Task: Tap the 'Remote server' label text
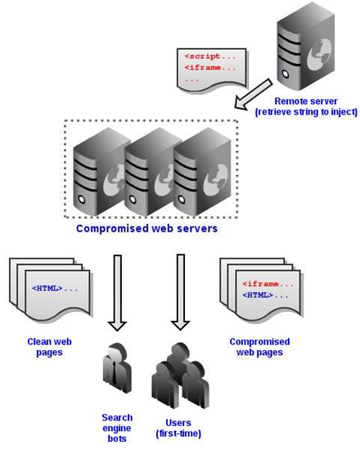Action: pyautogui.click(x=306, y=101)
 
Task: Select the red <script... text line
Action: pyautogui.click(x=210, y=56)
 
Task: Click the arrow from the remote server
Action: pyautogui.click(x=253, y=94)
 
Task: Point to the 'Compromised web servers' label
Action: pyautogui.click(x=146, y=228)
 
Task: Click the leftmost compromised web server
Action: pyautogui.click(x=99, y=172)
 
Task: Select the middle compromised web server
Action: pyautogui.click(x=149, y=172)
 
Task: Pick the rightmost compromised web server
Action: pyautogui.click(x=202, y=172)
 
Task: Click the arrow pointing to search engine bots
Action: pyautogui.click(x=118, y=292)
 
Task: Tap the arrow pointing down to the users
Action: pyautogui.click(x=180, y=292)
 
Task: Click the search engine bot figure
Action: pyautogui.click(x=117, y=369)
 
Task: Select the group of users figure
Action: pyautogui.click(x=180, y=376)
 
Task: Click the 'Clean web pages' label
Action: pyautogui.click(x=49, y=347)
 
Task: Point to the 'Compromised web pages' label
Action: pyautogui.click(x=259, y=347)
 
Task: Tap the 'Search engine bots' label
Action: pyautogui.click(x=117, y=428)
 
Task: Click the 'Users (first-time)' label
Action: pyautogui.click(x=178, y=428)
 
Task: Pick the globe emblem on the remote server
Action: pyautogui.click(x=319, y=55)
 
